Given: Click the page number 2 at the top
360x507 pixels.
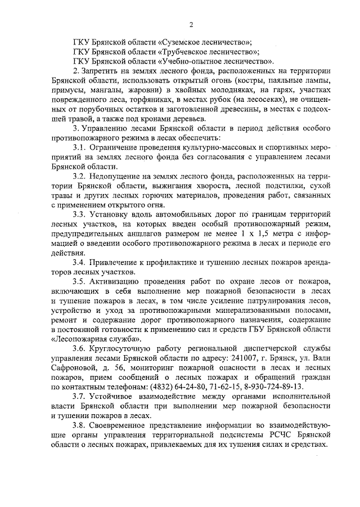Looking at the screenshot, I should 191,24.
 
